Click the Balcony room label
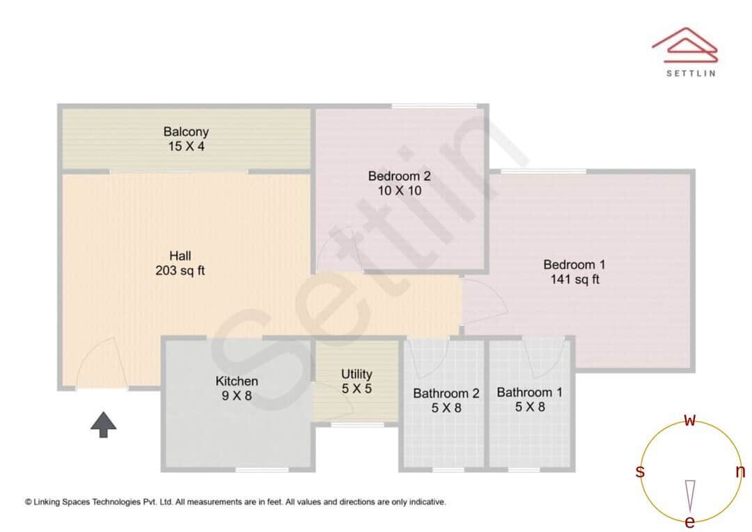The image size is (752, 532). point(186,131)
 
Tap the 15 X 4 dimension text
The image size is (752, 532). point(186,146)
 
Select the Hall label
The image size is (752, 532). point(180,256)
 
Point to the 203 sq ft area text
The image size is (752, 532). point(180,271)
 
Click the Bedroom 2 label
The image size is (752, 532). point(395,175)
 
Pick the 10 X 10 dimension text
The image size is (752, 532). point(395,191)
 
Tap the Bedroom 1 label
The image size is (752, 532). point(574,265)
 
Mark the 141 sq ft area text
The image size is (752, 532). point(574,280)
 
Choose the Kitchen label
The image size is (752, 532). point(237,381)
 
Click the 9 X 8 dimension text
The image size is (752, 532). point(237,396)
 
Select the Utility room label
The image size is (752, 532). point(357,374)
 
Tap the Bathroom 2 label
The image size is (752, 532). point(446,393)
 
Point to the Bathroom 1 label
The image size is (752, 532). point(529,392)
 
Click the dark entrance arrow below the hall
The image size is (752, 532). point(103,424)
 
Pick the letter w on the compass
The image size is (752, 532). point(690,420)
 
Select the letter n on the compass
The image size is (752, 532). point(740,471)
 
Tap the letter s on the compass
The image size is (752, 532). point(640,471)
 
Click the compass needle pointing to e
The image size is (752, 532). point(690,494)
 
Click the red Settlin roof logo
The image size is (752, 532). point(684,45)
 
